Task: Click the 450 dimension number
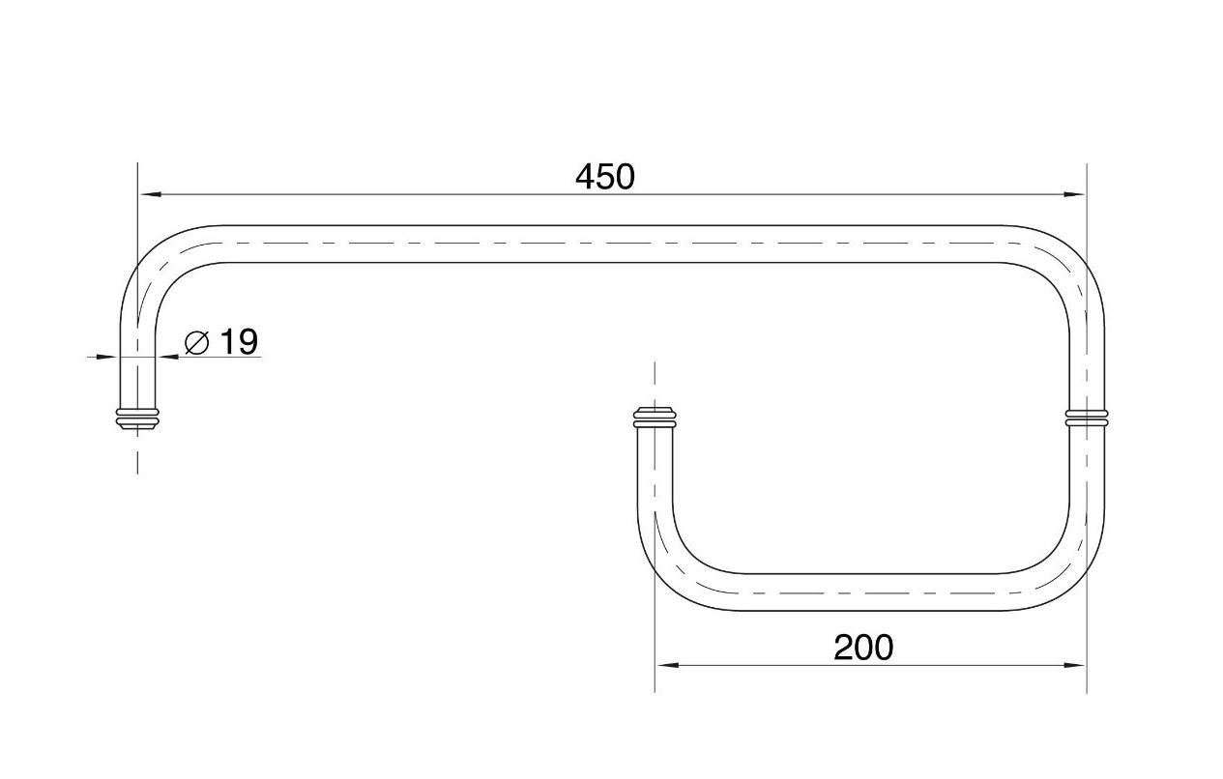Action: point(605,177)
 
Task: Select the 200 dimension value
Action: point(863,648)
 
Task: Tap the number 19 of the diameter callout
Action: point(239,342)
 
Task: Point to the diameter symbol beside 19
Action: point(197,342)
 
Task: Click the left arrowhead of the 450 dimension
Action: point(151,194)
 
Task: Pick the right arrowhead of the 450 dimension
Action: point(1073,194)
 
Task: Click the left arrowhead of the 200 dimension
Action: point(667,665)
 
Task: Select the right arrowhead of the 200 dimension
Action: point(1073,665)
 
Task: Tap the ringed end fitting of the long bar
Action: point(137,418)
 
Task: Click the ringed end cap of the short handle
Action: point(655,418)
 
